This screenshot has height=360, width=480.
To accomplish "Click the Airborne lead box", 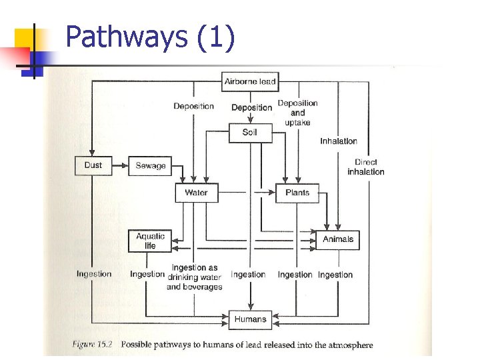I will coord(250,82).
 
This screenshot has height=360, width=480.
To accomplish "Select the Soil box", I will coord(250,132).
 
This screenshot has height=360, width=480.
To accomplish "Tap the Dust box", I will coord(93,165).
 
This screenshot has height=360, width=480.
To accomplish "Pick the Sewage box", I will coord(151,165).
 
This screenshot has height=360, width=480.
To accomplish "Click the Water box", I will coord(196,193).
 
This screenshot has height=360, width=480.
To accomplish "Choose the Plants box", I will coord(297,193).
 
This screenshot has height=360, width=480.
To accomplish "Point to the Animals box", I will coord(338,239).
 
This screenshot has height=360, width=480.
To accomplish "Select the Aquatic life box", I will coord(150,241).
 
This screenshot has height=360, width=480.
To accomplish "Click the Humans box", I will coord(250,319).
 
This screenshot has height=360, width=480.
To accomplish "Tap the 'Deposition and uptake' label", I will coord(297,113).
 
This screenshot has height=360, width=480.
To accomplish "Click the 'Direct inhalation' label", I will coord(366,167).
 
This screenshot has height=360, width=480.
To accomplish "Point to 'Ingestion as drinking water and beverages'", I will coord(195,277).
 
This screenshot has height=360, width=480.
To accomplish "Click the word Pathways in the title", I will coord(127,37).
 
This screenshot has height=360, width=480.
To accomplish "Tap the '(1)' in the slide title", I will coord(216,37).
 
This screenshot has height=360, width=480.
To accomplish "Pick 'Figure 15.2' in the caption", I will coord(93,345).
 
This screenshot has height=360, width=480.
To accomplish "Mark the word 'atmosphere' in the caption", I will coord(351,345).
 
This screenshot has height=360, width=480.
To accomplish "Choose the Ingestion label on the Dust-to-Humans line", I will coord(94,274).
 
